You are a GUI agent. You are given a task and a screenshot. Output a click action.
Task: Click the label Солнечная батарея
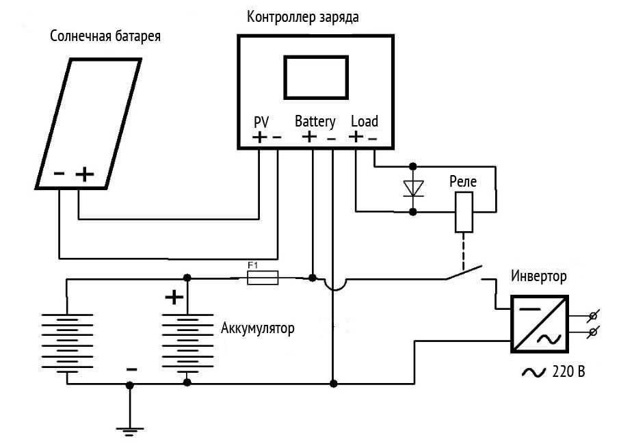(105, 36)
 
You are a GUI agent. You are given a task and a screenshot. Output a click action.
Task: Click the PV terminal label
(261, 122)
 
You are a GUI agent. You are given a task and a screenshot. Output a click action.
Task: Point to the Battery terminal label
(315, 122)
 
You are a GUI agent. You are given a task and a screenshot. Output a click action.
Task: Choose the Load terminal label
(364, 121)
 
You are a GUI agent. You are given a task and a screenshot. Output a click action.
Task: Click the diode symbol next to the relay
(412, 188)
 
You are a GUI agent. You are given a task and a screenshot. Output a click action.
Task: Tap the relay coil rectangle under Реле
(464, 212)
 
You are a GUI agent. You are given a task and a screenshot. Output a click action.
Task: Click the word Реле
(462, 182)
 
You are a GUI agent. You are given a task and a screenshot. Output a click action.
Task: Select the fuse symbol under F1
(262, 278)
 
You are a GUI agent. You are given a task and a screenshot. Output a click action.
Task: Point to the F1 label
(252, 264)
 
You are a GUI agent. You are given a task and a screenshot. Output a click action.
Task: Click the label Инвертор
(539, 277)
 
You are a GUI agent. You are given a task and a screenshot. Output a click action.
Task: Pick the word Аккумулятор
(258, 329)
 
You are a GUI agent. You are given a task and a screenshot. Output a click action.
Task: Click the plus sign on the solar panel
(85, 175)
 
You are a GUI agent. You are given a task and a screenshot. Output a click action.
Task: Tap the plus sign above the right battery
(174, 297)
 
